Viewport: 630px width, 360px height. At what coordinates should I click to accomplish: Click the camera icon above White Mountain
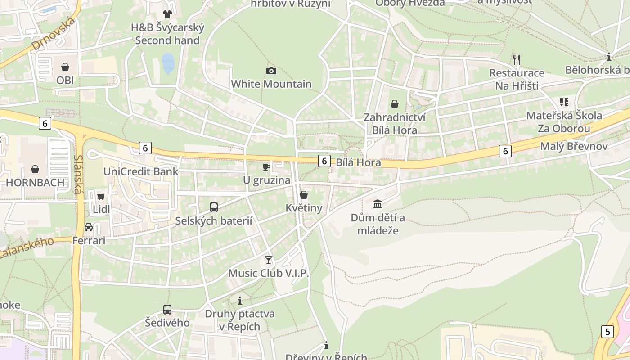(271, 71)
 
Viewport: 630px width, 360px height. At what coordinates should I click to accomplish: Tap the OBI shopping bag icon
(65, 67)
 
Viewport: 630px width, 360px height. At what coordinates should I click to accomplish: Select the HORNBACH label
(35, 183)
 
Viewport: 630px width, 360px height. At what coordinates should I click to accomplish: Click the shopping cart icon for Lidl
(101, 196)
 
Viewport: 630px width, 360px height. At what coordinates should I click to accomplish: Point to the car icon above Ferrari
(89, 227)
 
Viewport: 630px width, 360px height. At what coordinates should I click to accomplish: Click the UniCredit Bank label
(141, 171)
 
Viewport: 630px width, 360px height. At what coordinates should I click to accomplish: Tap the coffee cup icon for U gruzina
(266, 167)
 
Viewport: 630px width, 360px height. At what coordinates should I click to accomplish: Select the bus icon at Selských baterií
(214, 207)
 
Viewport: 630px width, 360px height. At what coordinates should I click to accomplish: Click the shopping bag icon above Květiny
(304, 195)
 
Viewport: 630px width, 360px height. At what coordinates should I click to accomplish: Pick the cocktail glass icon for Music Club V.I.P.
(269, 260)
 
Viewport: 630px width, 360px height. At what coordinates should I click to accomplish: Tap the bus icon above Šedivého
(167, 310)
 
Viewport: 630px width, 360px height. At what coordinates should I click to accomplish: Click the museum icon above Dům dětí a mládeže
(378, 204)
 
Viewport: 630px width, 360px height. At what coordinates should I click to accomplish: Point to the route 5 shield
(607, 332)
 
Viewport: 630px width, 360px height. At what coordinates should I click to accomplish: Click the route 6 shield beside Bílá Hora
(324, 161)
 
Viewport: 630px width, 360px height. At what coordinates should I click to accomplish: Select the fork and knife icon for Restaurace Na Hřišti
(517, 59)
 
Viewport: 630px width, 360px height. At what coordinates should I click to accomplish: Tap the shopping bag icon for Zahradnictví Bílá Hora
(395, 104)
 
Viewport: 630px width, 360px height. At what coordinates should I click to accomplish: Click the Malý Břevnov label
(574, 146)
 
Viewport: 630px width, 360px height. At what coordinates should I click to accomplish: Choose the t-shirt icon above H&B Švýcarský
(167, 14)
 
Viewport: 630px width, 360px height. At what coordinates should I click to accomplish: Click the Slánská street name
(78, 175)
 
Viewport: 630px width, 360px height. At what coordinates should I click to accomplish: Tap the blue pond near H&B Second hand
(168, 63)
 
